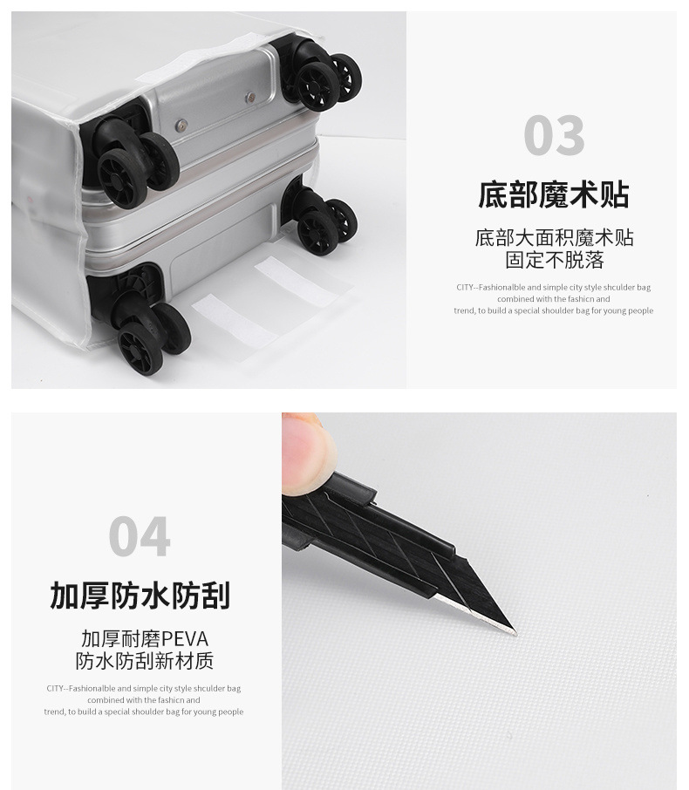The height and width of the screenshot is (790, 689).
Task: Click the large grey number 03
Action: coord(554,136)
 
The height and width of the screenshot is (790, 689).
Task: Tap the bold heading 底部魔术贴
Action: coord(553,194)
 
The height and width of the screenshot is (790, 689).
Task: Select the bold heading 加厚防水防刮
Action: coord(140,596)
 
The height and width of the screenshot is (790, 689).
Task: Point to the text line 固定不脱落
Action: coord(554,260)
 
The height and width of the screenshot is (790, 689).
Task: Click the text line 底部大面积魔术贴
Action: coord(554,237)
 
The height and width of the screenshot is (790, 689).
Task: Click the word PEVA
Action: coord(185,638)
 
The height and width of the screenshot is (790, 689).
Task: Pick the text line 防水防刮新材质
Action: coord(144,661)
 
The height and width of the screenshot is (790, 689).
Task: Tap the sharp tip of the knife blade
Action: coord(513,631)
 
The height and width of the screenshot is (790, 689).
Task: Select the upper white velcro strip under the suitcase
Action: coord(297,281)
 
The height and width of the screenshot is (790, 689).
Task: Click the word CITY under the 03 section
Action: coord(465,288)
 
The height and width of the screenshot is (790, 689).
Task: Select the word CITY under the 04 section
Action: coord(56,689)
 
